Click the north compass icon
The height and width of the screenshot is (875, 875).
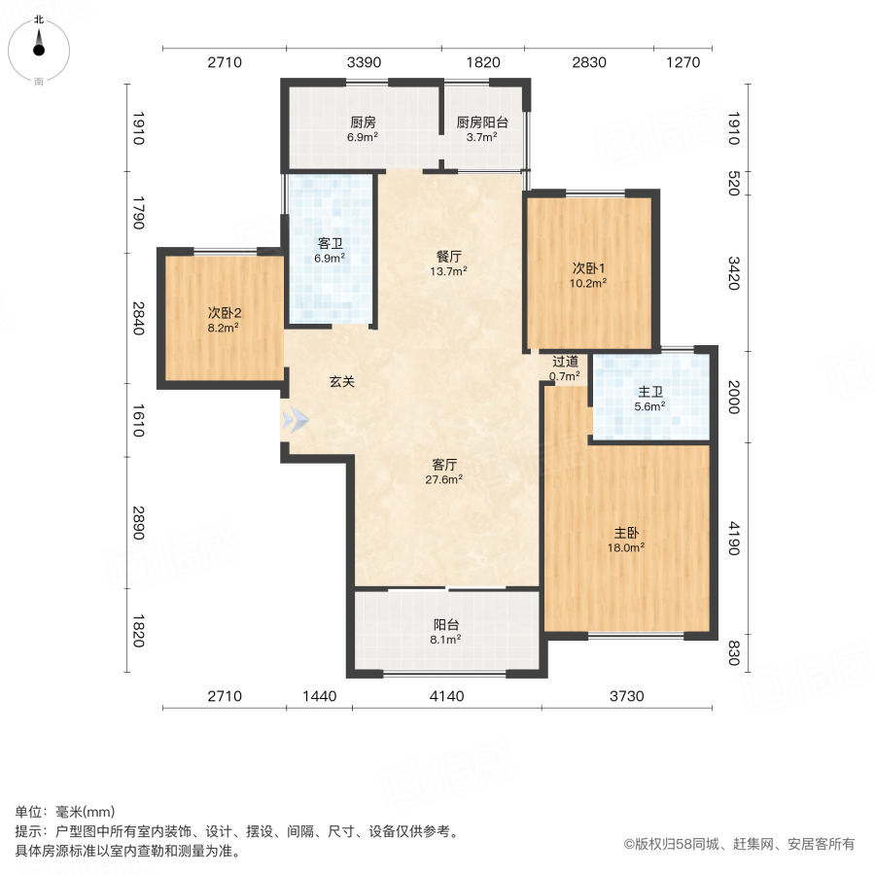[x=39, y=44]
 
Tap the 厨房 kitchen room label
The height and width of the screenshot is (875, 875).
[x=363, y=123]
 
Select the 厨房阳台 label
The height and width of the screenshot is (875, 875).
[x=482, y=123]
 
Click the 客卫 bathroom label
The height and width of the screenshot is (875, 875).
[x=330, y=244]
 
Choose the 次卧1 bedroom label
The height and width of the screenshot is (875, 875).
[x=588, y=268]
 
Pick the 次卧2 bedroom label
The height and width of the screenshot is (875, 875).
[x=224, y=313]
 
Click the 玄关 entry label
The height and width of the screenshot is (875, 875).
[x=341, y=382]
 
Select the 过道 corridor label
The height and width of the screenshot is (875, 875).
[x=565, y=362]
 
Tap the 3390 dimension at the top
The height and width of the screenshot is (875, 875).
[x=364, y=62]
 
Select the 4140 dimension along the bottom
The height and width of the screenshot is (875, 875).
[x=446, y=696]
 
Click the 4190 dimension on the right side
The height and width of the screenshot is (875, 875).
[x=734, y=539]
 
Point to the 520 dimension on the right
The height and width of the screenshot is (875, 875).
[x=734, y=182]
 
